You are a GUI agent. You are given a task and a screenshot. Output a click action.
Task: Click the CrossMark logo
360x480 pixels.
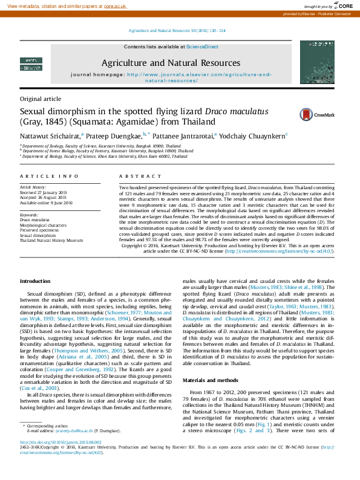(296, 114)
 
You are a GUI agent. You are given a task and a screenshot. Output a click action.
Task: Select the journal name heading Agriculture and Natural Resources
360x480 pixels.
(170, 63)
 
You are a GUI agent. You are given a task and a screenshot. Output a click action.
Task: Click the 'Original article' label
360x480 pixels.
(41, 98)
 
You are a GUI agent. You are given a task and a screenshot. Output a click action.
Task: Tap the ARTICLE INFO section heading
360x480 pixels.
(49, 176)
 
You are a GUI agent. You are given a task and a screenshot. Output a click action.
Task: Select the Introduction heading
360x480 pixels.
(35, 282)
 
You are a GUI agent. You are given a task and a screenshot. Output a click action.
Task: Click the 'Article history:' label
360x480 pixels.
(33, 188)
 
